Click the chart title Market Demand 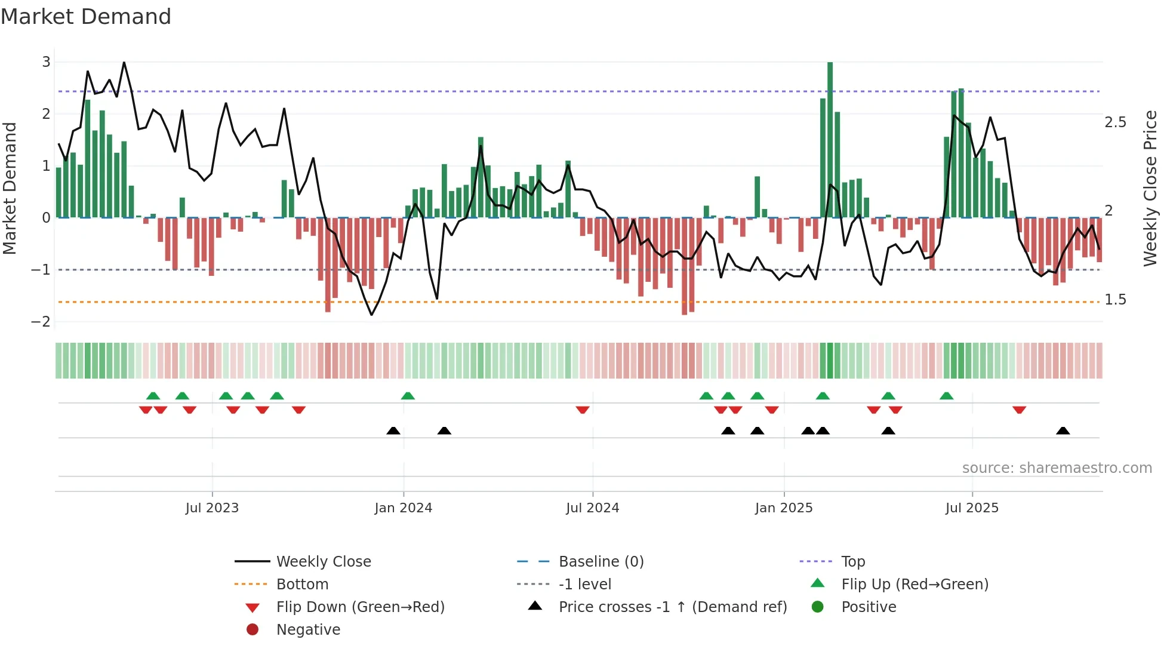(x=86, y=17)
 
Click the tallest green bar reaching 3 (x=830, y=140)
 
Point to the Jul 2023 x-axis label (x=212, y=508)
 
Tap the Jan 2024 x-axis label (x=403, y=508)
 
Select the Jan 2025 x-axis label (x=783, y=508)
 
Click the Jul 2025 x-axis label (x=972, y=508)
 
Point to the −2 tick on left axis (x=41, y=322)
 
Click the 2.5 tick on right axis (x=1115, y=122)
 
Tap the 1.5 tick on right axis (x=1115, y=300)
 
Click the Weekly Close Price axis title (x=1150, y=188)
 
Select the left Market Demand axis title (x=10, y=188)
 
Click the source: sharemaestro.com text (x=1057, y=468)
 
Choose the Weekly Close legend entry (x=323, y=562)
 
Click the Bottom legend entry (x=302, y=585)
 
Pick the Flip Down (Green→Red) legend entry (x=360, y=607)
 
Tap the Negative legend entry (x=308, y=630)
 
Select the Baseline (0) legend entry (x=601, y=562)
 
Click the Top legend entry (x=852, y=562)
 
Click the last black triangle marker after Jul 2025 (x=1063, y=431)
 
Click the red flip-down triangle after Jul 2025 (x=1019, y=410)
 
